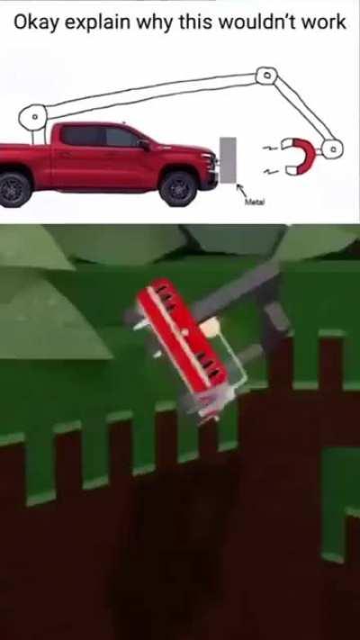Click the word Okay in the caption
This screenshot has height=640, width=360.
pos(36,23)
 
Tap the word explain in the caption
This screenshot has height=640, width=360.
pos(98,23)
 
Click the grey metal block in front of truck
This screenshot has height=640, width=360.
pos(228,160)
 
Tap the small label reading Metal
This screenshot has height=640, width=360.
pos(255,202)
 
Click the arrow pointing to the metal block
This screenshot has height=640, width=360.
pos(242,191)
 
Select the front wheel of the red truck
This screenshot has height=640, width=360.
pos(178,188)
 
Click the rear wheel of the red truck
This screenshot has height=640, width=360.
pos(14,189)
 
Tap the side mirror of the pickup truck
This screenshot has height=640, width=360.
pos(145,144)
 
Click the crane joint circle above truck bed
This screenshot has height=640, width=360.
pos(33,118)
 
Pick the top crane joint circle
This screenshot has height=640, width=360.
pos(266,76)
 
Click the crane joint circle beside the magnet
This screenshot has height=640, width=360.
pos(333,149)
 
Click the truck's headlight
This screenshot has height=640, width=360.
pos(210,158)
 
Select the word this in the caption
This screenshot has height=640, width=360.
pos(194,22)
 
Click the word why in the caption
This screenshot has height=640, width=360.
pos(154,23)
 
